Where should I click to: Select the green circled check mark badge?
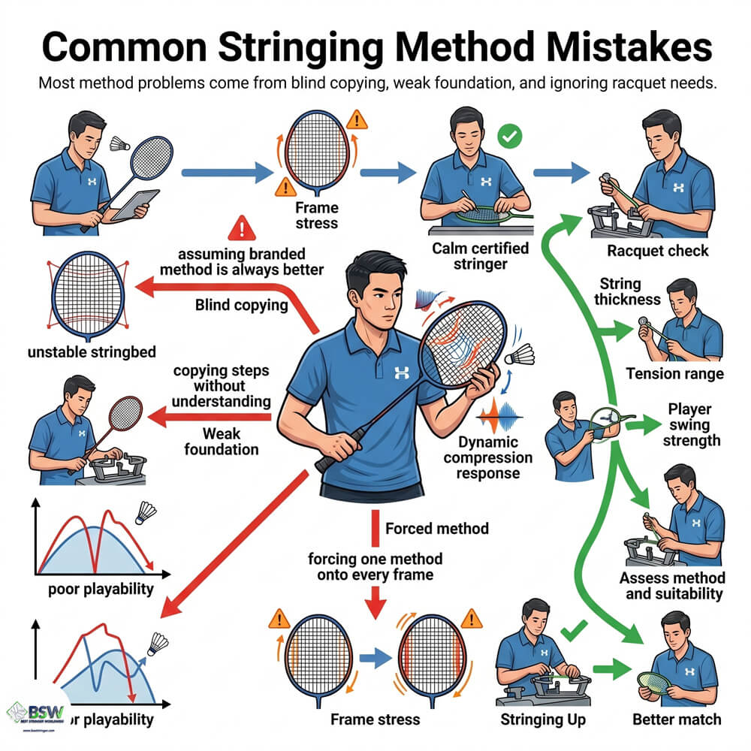[x=511, y=137]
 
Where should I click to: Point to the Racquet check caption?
[x=659, y=250]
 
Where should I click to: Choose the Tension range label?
[x=674, y=374]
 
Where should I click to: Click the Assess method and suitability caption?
[x=672, y=586]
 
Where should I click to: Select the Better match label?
[x=675, y=719]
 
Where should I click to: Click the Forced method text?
[x=436, y=529]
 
